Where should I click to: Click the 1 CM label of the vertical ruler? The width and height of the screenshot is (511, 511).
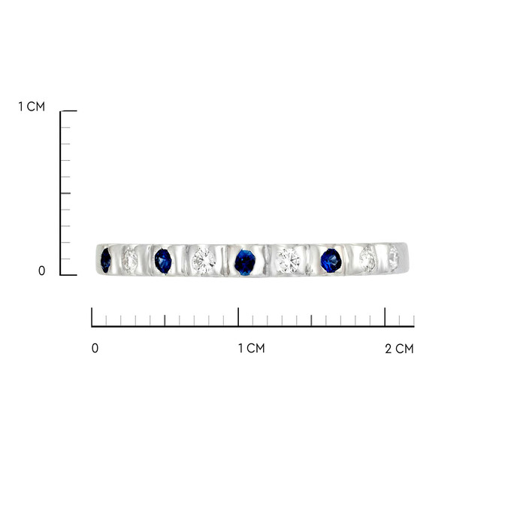pos(32,107)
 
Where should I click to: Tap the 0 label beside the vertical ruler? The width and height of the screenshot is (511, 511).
pos(41,271)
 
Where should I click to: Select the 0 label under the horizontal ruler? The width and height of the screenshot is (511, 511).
pos(95,349)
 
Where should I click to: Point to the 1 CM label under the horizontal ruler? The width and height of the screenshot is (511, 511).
pos(251,349)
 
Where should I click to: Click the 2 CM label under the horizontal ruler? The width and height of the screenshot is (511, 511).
pos(399,349)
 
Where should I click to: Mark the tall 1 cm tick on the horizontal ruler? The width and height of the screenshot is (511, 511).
pos(238,316)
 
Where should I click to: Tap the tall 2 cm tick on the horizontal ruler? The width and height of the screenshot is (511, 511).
pos(385,316)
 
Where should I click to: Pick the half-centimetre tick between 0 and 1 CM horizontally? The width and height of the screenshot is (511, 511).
pos(165,320)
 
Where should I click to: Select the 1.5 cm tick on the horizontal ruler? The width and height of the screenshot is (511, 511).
pos(312,320)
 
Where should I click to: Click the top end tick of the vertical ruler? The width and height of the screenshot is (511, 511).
pos(69,110)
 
